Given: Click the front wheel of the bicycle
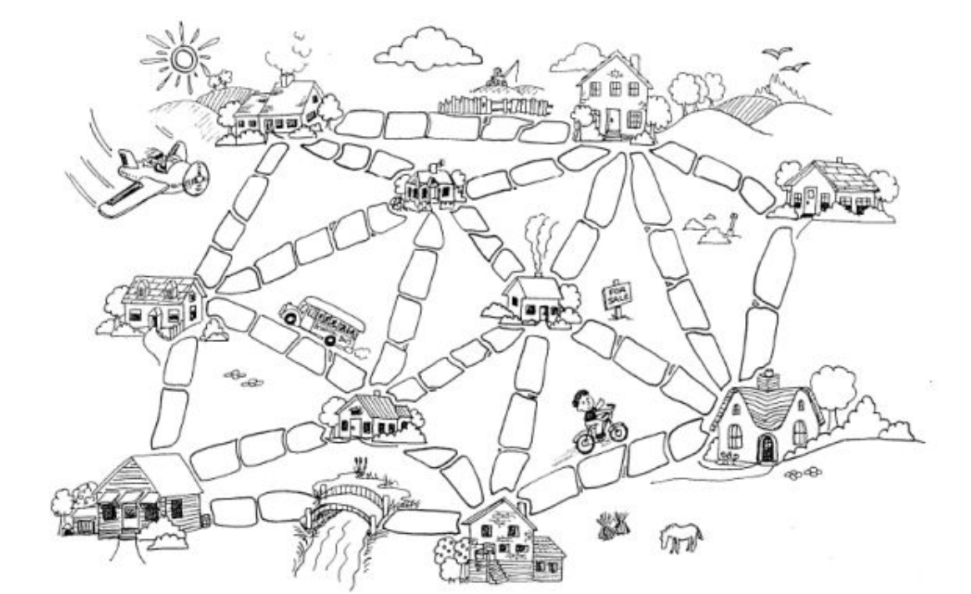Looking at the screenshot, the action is point(616,431).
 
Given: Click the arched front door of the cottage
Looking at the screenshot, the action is point(765,449).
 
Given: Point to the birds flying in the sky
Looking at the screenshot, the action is point(784,58).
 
